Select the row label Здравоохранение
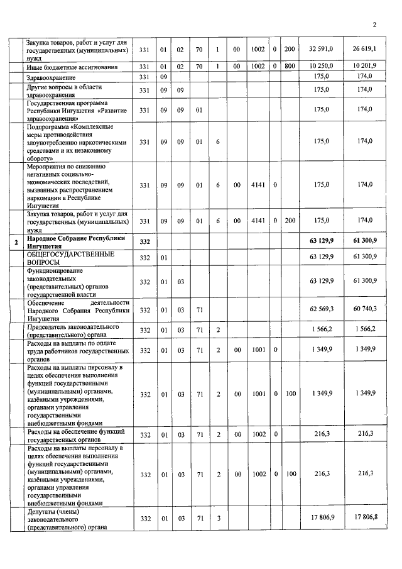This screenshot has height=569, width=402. [x=52, y=77]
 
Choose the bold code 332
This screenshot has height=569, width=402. [x=145, y=243]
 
